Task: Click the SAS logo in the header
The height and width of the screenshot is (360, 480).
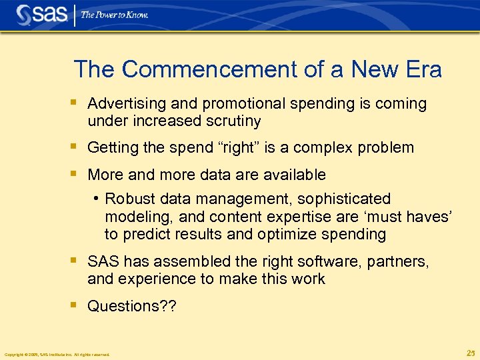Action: pos(41,15)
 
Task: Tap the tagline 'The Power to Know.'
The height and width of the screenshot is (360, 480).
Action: pos(114,15)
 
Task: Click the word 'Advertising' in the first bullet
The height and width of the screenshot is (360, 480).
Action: pos(127,104)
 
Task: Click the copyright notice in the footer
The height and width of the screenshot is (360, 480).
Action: pos(57,354)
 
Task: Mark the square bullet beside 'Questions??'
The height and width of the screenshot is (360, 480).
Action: pos(75,305)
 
